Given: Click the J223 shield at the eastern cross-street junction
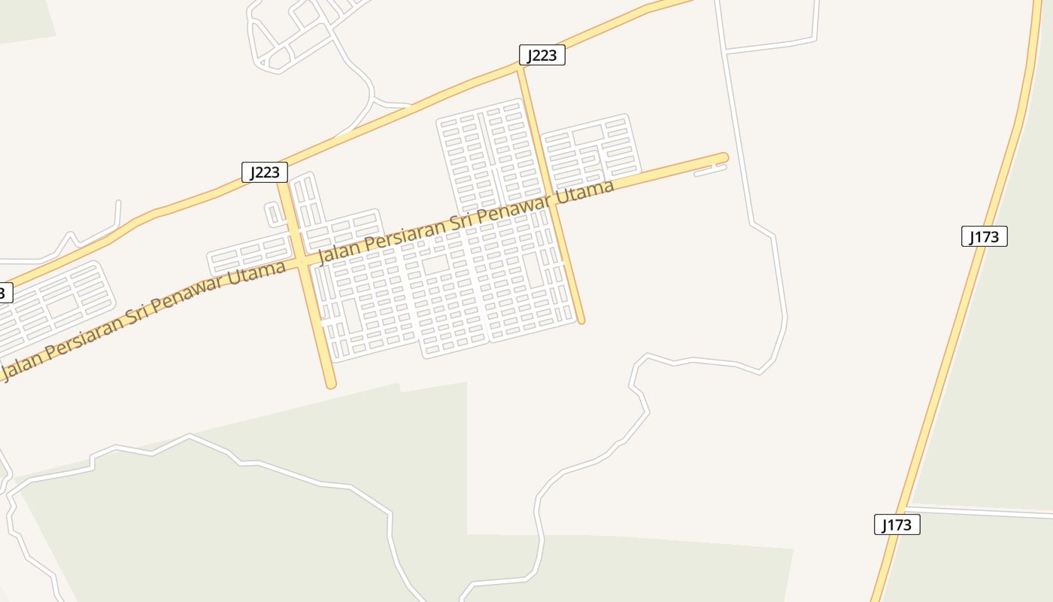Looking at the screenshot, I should point(542,55).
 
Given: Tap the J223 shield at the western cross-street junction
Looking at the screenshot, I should point(264,172).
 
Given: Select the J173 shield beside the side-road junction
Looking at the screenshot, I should point(897,524).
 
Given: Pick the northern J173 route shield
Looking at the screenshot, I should point(984,236).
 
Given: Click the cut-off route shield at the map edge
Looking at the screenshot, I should point(5,293).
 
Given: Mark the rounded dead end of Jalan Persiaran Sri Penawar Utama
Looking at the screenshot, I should point(723,158).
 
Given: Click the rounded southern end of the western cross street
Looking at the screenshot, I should point(330,384).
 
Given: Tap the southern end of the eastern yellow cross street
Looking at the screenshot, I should point(581,320).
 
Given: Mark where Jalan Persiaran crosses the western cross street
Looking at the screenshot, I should point(301,262).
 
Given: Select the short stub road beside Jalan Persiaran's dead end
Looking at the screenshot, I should point(710,171).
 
